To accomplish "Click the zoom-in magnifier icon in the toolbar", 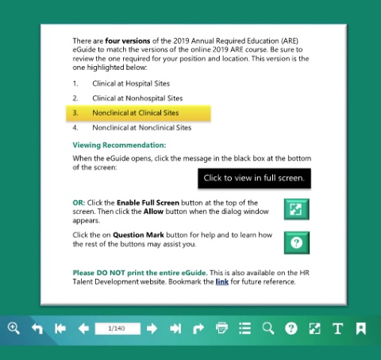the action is [13, 328].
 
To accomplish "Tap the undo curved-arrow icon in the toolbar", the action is [37, 328].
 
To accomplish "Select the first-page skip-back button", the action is [60, 328].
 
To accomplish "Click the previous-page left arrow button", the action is [83, 328].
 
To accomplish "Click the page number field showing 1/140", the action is [117, 328].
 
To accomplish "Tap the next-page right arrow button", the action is [152, 328].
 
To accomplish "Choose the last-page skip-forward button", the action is [175, 328].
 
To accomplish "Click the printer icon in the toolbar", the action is [221, 328].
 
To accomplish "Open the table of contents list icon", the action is [244, 328].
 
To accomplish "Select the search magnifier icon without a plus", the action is [268, 328].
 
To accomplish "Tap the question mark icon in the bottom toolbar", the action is [291, 328].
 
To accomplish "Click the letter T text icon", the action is [338, 328].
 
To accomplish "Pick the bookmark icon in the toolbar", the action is [361, 328].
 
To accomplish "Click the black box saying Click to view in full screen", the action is [254, 178].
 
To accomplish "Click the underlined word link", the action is [222, 281].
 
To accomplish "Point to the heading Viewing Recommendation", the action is [119, 145].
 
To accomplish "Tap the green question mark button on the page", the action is [297, 242].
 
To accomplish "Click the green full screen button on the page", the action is [297, 209].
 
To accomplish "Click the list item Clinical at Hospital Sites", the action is [131, 83].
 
